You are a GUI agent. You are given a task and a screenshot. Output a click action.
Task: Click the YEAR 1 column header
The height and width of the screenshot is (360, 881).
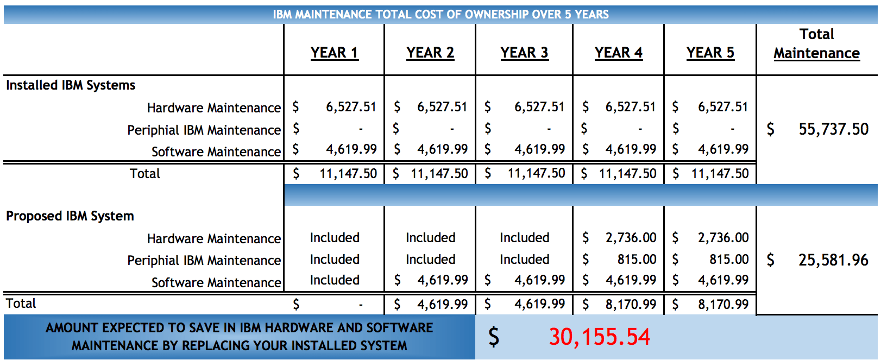pos(334,53)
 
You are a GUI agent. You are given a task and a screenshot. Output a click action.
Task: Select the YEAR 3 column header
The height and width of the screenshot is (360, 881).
pos(524,53)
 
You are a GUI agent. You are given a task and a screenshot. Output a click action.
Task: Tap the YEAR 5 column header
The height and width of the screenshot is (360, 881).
pos(710,53)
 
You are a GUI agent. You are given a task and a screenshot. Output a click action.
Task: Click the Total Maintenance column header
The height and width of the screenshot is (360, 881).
pos(816,44)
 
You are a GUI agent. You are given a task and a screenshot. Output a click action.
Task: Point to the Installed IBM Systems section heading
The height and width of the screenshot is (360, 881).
pos(71,85)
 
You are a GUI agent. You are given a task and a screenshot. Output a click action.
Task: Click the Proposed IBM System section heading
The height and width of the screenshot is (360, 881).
pos(70,216)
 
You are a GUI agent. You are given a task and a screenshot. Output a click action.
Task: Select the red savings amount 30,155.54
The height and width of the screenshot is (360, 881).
pos(599,337)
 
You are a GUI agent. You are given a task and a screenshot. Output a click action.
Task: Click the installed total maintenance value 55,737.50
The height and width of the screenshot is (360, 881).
pos(833,129)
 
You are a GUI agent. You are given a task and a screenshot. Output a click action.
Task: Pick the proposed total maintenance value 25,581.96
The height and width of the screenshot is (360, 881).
pos(833,260)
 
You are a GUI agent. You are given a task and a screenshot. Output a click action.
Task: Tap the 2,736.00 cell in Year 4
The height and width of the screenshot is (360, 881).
pos(631,238)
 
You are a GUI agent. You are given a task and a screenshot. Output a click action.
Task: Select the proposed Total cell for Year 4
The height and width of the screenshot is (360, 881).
pos(631,304)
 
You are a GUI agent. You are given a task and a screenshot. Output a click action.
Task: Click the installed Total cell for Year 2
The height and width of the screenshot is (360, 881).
pos(439,174)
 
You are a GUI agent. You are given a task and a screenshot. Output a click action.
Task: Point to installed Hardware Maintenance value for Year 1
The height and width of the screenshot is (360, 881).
pos(351,107)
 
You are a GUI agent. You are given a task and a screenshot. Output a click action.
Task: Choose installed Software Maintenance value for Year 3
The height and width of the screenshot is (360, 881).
pos(539,149)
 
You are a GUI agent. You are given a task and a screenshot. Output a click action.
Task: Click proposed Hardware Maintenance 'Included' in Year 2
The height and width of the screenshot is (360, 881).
pos(430,238)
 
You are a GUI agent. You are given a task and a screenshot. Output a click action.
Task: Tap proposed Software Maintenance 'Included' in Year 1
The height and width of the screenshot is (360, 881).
pos(335,280)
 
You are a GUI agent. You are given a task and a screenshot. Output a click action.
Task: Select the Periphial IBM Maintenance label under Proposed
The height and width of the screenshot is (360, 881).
pos(204,261)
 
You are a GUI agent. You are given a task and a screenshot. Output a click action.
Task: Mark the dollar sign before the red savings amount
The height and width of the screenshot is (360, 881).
pos(493,337)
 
